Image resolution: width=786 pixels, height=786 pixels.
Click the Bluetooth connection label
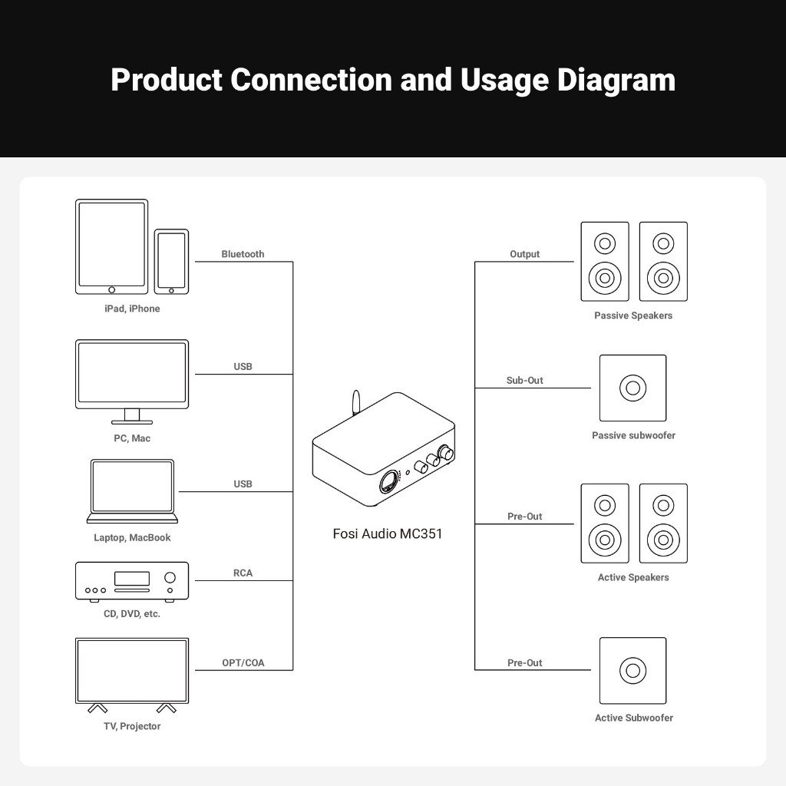point(243,254)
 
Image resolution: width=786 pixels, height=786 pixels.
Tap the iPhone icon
point(171,261)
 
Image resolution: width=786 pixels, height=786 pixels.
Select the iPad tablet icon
point(111,246)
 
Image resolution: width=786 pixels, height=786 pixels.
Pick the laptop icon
point(133,490)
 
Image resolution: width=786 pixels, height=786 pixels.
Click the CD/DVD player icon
point(132,581)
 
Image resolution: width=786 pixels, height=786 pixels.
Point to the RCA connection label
point(243,573)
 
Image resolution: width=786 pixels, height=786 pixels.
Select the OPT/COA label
point(243,663)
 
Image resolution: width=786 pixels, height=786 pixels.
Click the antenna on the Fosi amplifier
point(355,404)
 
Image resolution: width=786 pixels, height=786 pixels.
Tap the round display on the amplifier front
point(391,483)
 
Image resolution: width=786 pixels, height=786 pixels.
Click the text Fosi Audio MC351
point(388,533)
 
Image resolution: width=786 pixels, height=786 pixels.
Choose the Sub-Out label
point(525,381)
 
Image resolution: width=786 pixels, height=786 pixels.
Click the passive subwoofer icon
point(632,388)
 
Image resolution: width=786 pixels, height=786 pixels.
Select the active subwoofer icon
point(632,670)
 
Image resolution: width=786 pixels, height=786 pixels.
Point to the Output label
point(525,254)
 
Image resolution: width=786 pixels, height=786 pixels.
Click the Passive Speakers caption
point(633,315)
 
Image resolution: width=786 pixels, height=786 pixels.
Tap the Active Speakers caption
point(633,577)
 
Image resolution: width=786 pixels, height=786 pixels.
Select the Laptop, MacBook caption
point(132,537)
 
